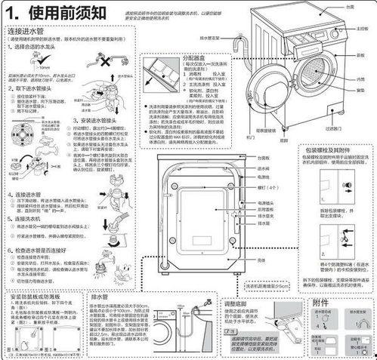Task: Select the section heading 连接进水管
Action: pyautogui.click(x=28, y=35)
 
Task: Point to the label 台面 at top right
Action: pyautogui.click(x=350, y=6)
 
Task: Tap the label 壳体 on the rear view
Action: pyautogui.click(x=261, y=260)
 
